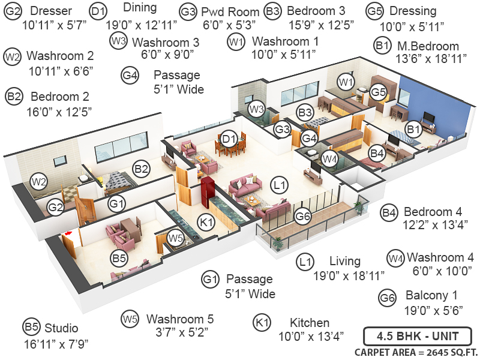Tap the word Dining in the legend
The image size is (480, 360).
140,8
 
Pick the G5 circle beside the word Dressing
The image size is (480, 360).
375,11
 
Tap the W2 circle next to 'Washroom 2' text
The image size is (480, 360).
12,56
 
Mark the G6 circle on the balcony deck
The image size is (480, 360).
304,216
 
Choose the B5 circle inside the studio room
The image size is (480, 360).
119,259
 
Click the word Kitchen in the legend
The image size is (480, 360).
310,322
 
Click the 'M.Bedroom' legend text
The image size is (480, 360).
427,46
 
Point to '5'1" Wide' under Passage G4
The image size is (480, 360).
179,89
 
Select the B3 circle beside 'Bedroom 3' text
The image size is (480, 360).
273,11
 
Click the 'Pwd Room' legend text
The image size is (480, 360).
230,12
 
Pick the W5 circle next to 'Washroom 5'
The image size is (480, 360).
130,319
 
